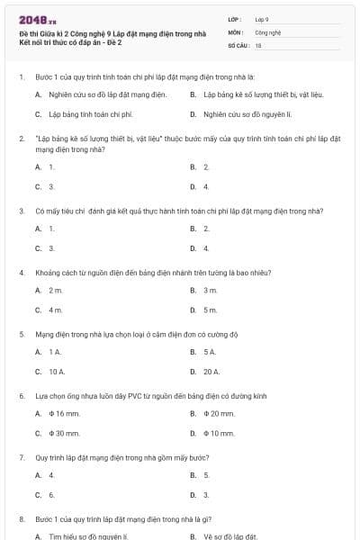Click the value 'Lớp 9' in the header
click(263, 18)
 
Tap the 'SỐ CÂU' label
click(237, 44)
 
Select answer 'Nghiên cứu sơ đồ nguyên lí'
click(242, 114)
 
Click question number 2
click(21, 139)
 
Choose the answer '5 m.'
click(211, 310)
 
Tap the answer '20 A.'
click(211, 371)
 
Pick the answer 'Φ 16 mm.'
click(63, 413)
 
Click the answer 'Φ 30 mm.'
click(63, 433)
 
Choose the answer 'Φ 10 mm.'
click(219, 433)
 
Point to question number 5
click(21, 333)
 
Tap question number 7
click(21, 456)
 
